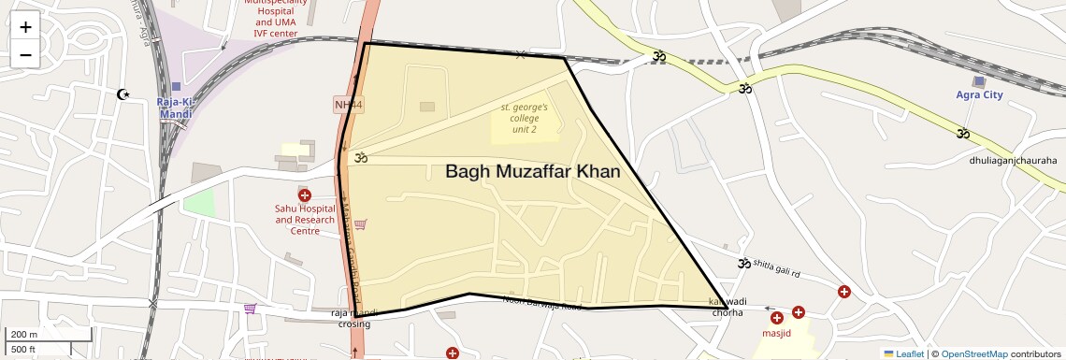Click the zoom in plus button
pos(25,27)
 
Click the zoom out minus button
pos(25,54)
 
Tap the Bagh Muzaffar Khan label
pos(532,172)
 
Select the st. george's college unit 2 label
pos(525,118)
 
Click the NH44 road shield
pos(348,104)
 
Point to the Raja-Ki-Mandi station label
pos(175,108)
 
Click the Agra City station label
pos(979,95)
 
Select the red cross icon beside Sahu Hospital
pos(305,194)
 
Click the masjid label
pos(776,333)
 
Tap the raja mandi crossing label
pos(353,319)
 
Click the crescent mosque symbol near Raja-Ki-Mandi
pos(122,94)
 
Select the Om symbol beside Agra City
pos(963,133)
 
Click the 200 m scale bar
pos(50,335)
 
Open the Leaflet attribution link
pos(903,353)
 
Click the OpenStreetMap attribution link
pos(973,353)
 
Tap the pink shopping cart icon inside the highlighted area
pos(360,223)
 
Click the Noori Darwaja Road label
pos(542,303)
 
